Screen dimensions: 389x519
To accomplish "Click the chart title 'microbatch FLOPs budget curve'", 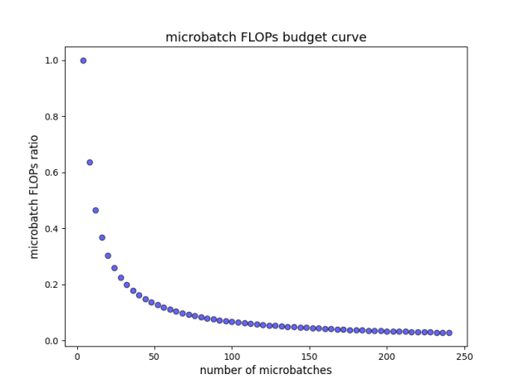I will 266,37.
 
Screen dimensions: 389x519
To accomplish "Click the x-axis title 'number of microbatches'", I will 266,370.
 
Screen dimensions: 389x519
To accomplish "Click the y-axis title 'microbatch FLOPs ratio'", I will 34,197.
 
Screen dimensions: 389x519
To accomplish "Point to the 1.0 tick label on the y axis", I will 51,61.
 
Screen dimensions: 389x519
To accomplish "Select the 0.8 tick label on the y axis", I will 51,117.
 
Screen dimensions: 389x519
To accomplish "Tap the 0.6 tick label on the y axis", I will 51,173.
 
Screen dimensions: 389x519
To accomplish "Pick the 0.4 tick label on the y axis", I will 51,229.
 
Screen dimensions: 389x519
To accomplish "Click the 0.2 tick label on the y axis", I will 51,284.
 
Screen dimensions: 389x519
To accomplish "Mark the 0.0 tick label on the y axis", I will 51,341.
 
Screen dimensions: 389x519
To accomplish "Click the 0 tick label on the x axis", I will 77,357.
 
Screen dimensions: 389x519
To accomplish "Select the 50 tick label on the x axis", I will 154,357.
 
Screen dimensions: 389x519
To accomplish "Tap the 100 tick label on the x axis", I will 232,357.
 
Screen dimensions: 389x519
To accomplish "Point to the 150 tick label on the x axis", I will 310,357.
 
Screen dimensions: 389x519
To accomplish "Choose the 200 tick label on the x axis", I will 387,357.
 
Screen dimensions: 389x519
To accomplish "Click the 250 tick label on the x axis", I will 464,357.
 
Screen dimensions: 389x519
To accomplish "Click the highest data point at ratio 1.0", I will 83,61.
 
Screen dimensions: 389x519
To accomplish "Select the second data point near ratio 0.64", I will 90,163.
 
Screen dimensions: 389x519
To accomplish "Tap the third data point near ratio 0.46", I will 95,211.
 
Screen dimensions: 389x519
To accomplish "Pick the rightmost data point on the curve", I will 449,333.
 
